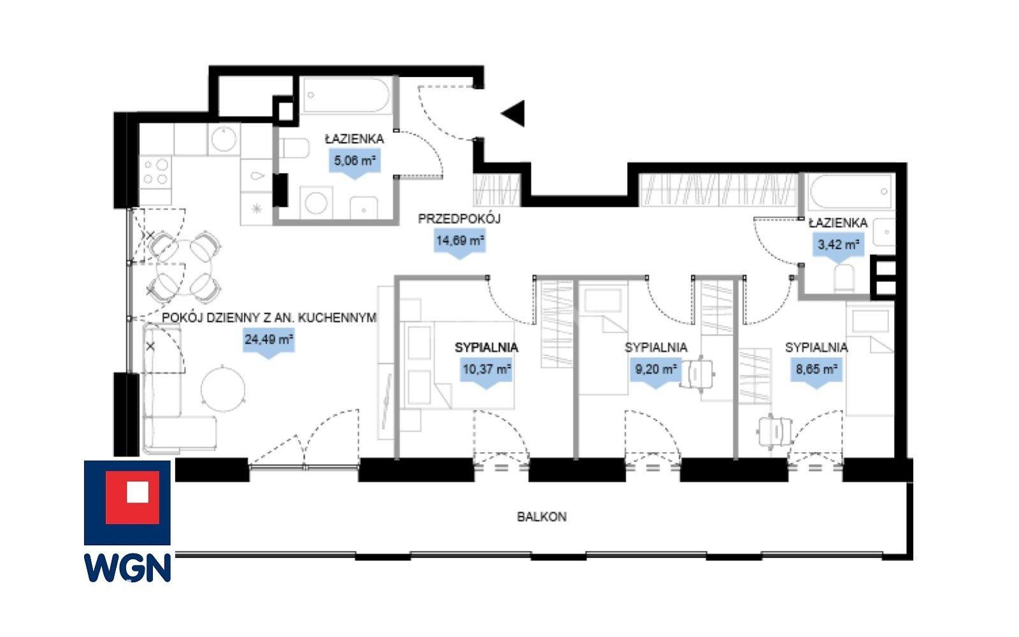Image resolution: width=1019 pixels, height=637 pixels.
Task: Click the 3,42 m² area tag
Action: tap(839, 247)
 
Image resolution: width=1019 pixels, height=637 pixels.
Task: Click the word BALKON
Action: tap(542, 517)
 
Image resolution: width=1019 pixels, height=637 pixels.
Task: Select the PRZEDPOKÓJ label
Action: tap(459, 219)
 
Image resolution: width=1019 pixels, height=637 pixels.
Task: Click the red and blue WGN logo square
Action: tap(127, 502)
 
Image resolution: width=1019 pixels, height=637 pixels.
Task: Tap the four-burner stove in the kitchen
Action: tap(155, 172)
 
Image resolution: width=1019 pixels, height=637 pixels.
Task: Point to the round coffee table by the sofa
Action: tap(223, 390)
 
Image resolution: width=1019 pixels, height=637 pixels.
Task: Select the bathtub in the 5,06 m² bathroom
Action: tap(346, 95)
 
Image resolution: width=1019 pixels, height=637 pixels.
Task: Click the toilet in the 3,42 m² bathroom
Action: tap(844, 278)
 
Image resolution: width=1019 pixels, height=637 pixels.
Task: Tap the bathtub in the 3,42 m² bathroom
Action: tap(849, 191)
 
